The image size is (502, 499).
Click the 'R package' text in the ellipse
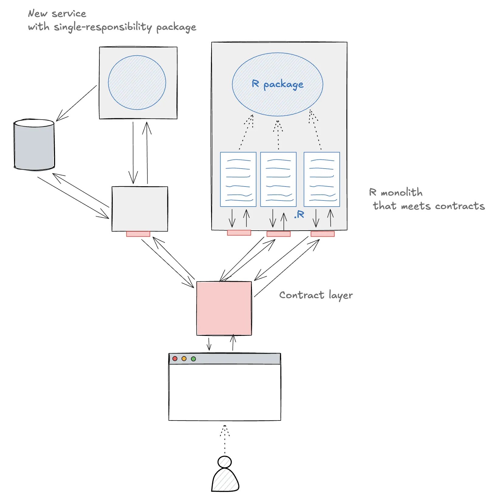click(x=277, y=84)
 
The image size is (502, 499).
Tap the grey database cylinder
click(x=34, y=144)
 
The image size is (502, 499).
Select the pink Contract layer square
click(x=224, y=308)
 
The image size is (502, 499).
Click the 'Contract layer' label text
click(x=316, y=295)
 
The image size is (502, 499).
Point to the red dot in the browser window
click(x=175, y=359)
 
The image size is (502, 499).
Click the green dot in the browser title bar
click(x=193, y=359)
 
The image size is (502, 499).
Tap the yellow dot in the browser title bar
click(x=184, y=359)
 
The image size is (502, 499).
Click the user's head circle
click(x=225, y=462)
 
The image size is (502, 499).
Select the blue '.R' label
click(x=299, y=215)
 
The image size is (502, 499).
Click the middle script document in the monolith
click(x=278, y=179)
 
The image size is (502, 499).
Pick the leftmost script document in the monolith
click(x=238, y=179)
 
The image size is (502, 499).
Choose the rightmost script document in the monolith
click(x=322, y=179)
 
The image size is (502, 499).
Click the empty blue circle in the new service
click(x=137, y=82)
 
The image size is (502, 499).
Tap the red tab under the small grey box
click(x=138, y=234)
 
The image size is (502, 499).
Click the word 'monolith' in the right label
click(x=402, y=192)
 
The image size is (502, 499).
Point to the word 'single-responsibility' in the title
click(x=103, y=27)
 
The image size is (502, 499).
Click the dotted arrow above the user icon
click(x=225, y=439)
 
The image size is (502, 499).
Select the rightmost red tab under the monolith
click(x=323, y=234)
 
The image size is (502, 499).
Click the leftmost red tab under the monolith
click(x=239, y=233)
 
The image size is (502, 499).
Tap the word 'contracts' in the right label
click(x=460, y=206)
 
